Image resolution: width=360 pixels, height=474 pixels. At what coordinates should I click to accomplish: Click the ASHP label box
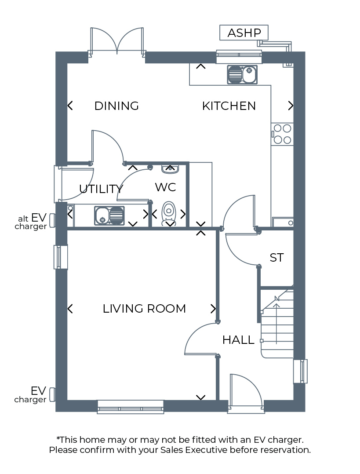point(244,33)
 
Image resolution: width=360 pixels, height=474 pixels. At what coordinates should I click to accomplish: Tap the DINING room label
point(116,106)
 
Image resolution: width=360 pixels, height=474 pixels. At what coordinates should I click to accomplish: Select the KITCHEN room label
point(229,106)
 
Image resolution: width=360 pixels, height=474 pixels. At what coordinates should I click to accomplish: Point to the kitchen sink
point(242,74)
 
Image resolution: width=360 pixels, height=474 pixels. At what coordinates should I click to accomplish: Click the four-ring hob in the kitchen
point(282,134)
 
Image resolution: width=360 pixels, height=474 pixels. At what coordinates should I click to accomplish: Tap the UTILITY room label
point(101,189)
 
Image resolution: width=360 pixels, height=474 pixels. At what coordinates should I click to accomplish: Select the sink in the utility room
point(109,215)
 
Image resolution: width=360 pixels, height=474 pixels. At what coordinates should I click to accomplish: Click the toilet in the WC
point(169,213)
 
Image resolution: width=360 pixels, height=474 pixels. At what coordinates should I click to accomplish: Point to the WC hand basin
point(170,169)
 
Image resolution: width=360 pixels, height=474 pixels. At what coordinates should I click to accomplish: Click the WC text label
point(165,187)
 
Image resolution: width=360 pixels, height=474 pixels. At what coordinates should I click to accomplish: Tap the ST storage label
point(276,258)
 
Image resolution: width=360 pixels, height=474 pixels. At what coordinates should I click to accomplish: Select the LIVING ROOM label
point(144,309)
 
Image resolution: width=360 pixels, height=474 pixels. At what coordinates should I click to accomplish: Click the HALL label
point(238,340)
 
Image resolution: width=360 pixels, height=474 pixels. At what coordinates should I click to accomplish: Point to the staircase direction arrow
point(276,321)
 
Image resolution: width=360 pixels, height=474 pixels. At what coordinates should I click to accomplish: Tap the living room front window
point(130,407)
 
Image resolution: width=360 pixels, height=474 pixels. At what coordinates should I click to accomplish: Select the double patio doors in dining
point(117,42)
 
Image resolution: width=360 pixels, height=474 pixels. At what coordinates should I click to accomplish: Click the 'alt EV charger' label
point(32,222)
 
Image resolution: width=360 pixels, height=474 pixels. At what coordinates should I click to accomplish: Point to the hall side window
point(301,371)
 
